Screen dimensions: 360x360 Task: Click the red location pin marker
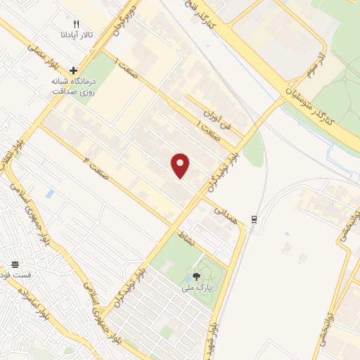point(181,165)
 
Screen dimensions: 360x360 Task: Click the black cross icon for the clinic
point(73,70)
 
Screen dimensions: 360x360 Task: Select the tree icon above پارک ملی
point(197,276)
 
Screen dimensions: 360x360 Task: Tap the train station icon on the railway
point(254,219)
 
